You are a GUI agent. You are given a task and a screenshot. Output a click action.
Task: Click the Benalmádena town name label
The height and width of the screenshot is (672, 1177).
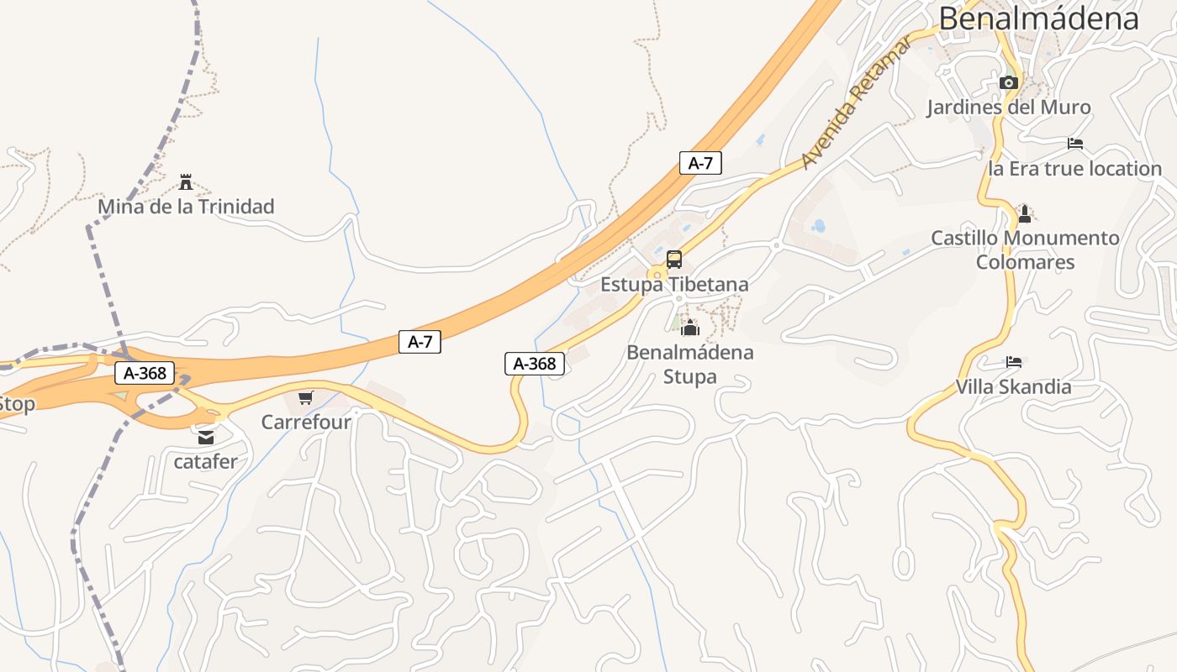pos(1038,18)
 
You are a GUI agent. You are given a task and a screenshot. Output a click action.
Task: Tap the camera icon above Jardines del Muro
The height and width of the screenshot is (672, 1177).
pos(1009,82)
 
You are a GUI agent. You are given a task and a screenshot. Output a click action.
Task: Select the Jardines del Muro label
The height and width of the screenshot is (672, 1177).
pos(1008,108)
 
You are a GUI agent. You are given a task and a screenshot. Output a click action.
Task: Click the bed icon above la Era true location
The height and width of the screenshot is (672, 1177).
pos(1075,144)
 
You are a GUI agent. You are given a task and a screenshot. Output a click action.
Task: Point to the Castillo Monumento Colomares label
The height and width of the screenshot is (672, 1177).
pos(1025,249)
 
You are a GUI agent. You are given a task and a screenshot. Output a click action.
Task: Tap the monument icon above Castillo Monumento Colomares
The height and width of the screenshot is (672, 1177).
pos(1024,213)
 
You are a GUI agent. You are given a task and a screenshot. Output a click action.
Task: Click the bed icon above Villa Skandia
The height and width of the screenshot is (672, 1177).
pos(1014,362)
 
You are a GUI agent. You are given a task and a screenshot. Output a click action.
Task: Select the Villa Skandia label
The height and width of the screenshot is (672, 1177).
pos(1013,387)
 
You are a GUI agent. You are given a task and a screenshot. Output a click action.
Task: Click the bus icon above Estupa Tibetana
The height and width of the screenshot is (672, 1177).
pos(674,259)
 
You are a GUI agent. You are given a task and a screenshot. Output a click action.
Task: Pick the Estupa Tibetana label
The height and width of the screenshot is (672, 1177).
pos(674,285)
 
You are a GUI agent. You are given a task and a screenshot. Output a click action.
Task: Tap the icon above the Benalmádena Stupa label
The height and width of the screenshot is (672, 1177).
pos(690,328)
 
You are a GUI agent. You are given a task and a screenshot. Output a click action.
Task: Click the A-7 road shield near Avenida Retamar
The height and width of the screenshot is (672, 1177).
pos(700,163)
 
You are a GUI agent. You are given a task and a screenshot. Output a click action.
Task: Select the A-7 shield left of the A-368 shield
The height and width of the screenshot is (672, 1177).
pos(420,342)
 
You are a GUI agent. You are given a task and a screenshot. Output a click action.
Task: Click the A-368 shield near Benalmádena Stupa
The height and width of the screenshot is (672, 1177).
pos(535,364)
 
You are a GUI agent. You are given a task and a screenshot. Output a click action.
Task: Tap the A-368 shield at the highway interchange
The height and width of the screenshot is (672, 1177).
pos(145,373)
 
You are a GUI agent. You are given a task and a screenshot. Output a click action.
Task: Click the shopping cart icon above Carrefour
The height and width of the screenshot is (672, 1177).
pos(306,397)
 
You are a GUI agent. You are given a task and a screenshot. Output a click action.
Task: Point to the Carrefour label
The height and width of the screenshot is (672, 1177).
pos(306,422)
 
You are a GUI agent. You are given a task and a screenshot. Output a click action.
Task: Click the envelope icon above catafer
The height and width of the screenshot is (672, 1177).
pos(206,437)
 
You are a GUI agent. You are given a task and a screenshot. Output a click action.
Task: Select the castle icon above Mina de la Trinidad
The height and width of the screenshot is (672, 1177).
pos(186,181)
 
